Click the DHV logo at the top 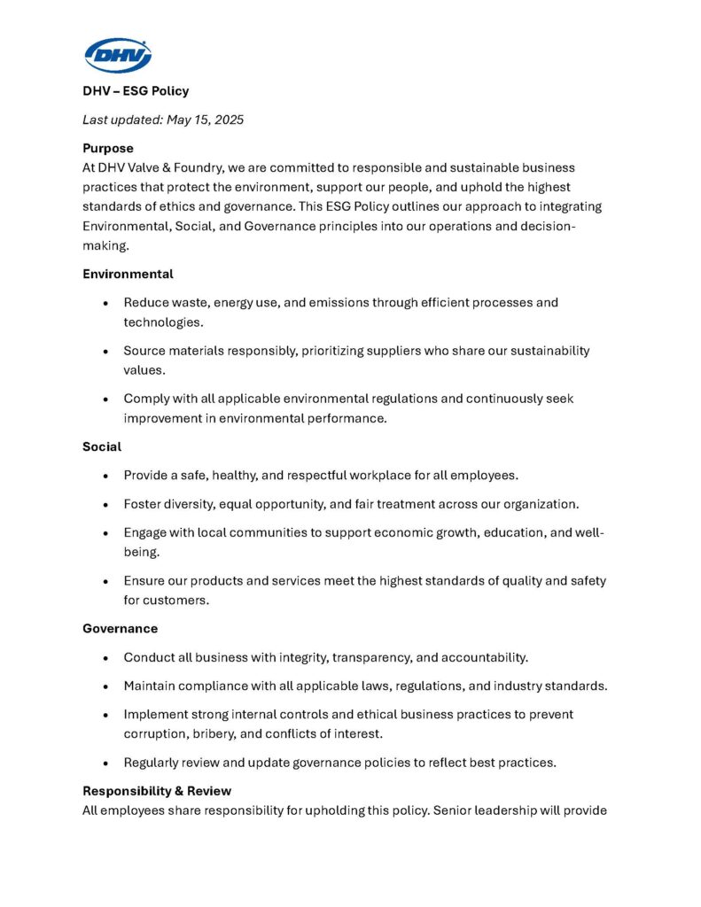click(118, 55)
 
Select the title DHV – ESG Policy click(136, 90)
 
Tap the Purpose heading click(108, 149)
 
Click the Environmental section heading click(128, 274)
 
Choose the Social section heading click(102, 446)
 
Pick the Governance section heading click(120, 629)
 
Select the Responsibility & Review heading click(157, 791)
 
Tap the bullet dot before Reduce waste click(106, 303)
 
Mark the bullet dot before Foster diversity click(106, 505)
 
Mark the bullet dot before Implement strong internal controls click(106, 715)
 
